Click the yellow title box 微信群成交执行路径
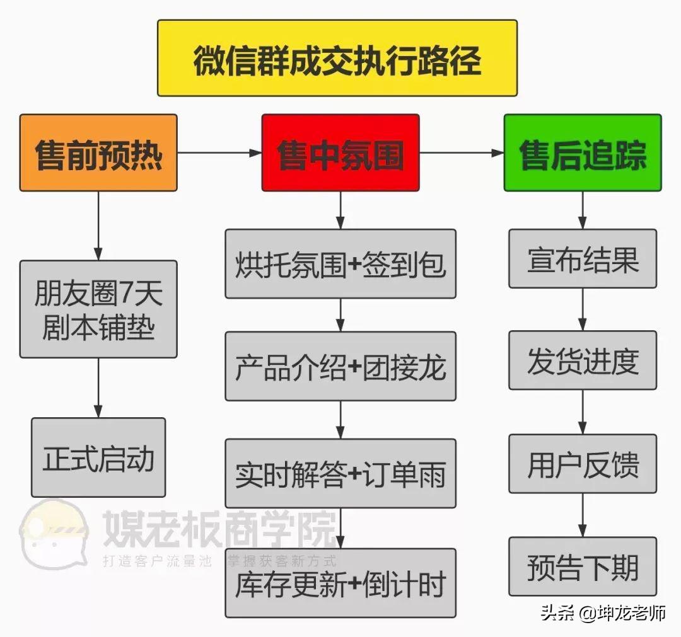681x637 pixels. tap(337, 58)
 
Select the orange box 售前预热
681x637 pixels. tap(98, 152)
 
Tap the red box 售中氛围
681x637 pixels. tap(340, 152)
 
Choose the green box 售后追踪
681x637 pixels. tap(582, 152)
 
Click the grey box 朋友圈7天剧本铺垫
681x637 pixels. tap(98, 309)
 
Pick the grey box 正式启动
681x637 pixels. tap(98, 457)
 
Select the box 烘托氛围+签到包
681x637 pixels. tap(340, 264)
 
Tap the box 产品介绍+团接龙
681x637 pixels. tap(340, 366)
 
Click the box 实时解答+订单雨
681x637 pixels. tap(340, 473)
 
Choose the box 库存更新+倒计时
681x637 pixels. tap(340, 583)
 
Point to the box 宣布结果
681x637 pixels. tap(582, 258)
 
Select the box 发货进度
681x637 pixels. tap(582, 360)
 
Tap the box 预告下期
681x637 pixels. tap(582, 566)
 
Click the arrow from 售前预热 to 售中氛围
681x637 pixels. tap(219, 152)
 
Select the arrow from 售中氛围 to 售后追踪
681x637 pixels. tap(462, 152)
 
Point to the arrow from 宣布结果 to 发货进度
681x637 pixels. tap(582, 309)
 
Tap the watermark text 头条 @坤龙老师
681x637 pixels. tap(602, 612)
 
